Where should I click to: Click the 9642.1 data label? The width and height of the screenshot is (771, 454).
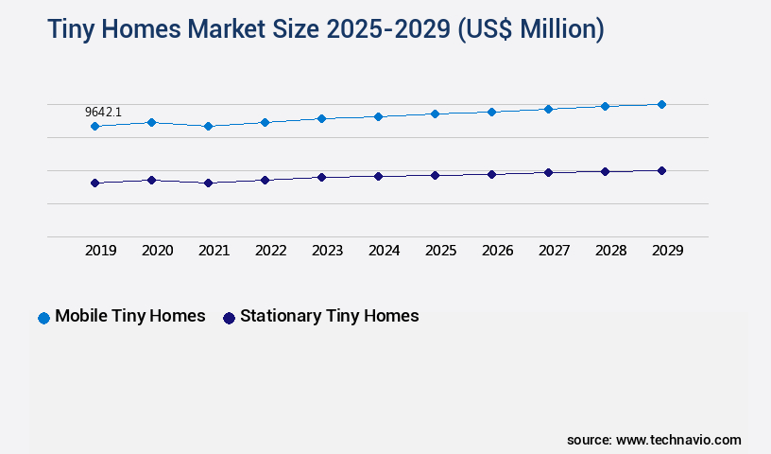(x=103, y=112)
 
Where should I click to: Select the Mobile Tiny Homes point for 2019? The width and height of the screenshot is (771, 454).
(x=94, y=126)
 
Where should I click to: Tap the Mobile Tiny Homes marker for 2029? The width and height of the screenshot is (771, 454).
(x=661, y=104)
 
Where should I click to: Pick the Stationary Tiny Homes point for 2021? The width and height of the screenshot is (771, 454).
(x=208, y=183)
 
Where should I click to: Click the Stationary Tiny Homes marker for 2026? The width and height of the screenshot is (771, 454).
(x=491, y=174)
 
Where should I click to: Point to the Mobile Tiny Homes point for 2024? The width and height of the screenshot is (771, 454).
(x=378, y=116)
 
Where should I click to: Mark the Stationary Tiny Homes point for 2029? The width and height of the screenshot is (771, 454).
(x=661, y=170)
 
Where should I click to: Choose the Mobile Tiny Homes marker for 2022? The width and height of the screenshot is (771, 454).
(x=265, y=122)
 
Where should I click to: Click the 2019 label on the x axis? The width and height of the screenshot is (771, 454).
(x=100, y=251)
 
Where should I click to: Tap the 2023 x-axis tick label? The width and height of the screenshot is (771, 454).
(x=327, y=251)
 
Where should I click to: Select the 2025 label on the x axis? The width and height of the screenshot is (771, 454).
(x=440, y=251)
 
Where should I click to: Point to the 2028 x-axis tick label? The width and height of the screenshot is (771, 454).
(x=610, y=251)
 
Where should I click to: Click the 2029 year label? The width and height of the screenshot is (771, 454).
(x=667, y=251)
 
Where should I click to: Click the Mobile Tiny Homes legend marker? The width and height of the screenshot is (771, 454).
(x=43, y=318)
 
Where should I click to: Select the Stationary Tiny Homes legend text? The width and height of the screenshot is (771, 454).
(x=329, y=316)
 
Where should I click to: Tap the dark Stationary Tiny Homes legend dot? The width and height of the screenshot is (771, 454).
(x=229, y=318)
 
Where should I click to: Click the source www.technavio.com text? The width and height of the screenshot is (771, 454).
(x=654, y=440)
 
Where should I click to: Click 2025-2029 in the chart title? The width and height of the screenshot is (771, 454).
(x=388, y=29)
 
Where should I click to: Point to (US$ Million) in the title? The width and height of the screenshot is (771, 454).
(x=531, y=29)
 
